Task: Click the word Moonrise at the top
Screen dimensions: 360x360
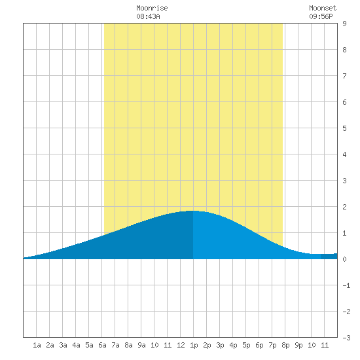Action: tap(152, 8)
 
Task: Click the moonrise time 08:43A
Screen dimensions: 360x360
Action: tap(148, 16)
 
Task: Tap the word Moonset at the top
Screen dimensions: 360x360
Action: tap(323, 8)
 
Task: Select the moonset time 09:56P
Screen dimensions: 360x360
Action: tap(321, 16)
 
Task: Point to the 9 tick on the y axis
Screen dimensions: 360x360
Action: tap(344, 24)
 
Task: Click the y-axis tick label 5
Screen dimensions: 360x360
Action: tap(344, 128)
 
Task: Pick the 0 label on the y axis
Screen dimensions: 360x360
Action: tap(344, 259)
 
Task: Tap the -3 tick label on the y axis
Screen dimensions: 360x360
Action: tap(346, 338)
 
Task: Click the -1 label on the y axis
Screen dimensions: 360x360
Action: tap(346, 285)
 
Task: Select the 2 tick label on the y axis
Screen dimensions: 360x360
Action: tap(344, 207)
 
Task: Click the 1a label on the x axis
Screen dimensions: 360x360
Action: tap(37, 345)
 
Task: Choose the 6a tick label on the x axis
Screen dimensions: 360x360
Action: tap(102, 345)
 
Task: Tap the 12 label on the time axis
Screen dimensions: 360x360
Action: tap(181, 345)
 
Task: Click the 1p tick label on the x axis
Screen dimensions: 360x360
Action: tap(194, 346)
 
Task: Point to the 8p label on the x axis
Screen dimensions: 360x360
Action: tap(285, 346)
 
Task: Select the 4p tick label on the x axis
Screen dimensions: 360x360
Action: tap(233, 346)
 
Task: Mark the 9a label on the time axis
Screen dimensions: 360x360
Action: tap(141, 345)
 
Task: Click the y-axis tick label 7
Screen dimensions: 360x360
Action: tap(344, 76)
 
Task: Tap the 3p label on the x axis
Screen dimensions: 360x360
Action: tap(220, 346)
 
